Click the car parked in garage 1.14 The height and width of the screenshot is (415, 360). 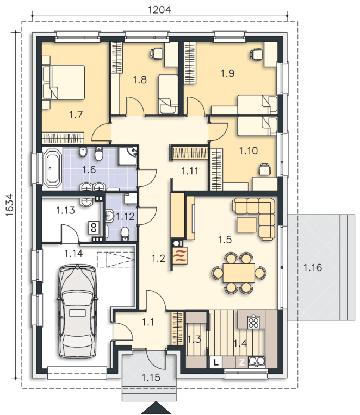click(77, 311)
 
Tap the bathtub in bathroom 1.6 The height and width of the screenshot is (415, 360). click(52, 168)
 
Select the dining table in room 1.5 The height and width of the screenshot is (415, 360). click(239, 273)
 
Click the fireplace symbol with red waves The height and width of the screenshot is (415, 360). click(180, 256)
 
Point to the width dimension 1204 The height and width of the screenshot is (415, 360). click(159, 10)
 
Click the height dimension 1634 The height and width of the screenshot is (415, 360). click(10, 205)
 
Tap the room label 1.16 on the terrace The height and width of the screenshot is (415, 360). click(313, 268)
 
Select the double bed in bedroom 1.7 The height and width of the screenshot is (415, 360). click(64, 83)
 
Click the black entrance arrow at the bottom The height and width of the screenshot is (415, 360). click(156, 408)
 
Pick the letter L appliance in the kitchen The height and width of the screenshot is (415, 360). click(216, 362)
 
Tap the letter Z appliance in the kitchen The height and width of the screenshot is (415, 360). click(241, 362)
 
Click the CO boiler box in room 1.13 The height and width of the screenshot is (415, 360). click(94, 228)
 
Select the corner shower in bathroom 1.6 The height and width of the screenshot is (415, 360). click(128, 156)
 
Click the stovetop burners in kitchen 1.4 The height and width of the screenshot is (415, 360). click(253, 322)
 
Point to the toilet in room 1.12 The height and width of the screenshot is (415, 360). click(125, 234)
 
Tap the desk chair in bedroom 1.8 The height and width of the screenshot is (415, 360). click(157, 53)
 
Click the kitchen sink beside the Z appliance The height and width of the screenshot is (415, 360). click(256, 362)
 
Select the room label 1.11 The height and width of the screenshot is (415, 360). click(190, 171)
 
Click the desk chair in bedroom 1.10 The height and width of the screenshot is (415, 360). click(265, 169)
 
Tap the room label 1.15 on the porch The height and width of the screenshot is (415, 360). click(151, 378)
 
